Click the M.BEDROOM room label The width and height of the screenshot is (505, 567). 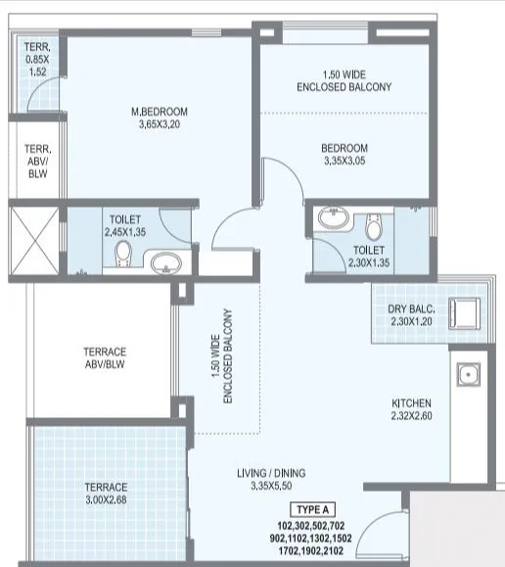[161, 111]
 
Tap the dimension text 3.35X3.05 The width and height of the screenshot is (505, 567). [344, 163]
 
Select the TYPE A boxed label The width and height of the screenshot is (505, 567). [315, 510]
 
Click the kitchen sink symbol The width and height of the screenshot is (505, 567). [468, 373]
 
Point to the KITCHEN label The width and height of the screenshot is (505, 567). [412, 402]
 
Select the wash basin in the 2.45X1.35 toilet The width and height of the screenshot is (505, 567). [163, 261]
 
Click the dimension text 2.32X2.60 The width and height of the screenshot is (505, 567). [412, 416]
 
